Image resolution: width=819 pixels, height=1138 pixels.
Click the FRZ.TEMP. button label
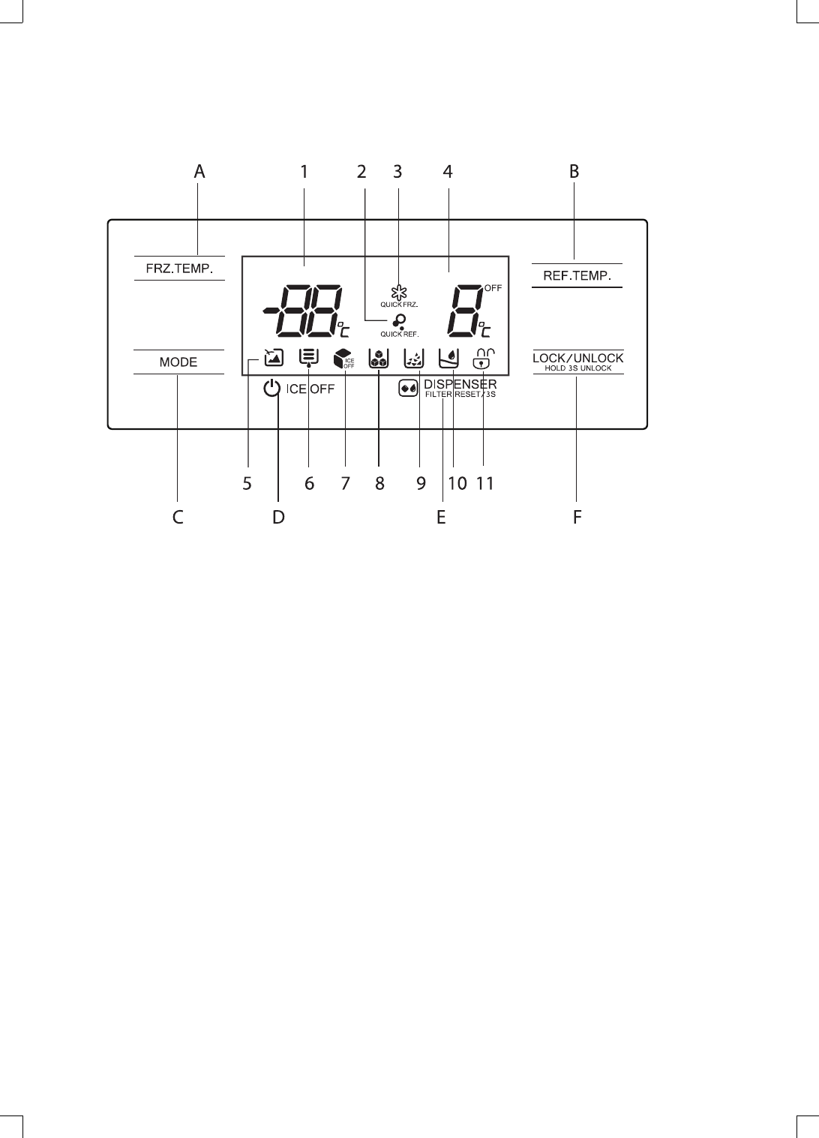[x=179, y=268]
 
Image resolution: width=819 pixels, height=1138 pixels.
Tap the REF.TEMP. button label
[x=577, y=275]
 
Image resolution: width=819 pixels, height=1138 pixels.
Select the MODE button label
[x=178, y=362]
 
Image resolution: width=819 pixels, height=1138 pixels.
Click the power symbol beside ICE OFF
[x=272, y=389]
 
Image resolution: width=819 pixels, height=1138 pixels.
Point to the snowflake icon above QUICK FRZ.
[x=399, y=291]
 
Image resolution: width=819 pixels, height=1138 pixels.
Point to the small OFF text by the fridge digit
[x=493, y=287]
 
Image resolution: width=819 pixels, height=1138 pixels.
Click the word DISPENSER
[x=460, y=385]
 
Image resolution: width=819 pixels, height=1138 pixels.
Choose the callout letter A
[x=199, y=172]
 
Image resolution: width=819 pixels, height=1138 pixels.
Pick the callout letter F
[x=577, y=517]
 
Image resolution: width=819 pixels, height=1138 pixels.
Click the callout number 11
[x=485, y=484]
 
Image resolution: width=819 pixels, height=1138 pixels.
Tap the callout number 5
[x=247, y=484]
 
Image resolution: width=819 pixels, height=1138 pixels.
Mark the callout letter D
[x=278, y=517]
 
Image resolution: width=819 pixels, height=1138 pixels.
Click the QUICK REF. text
[x=399, y=334]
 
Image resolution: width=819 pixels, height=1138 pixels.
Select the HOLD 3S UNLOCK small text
[x=577, y=368]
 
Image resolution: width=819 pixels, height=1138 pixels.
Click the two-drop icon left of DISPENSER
[x=409, y=389]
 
